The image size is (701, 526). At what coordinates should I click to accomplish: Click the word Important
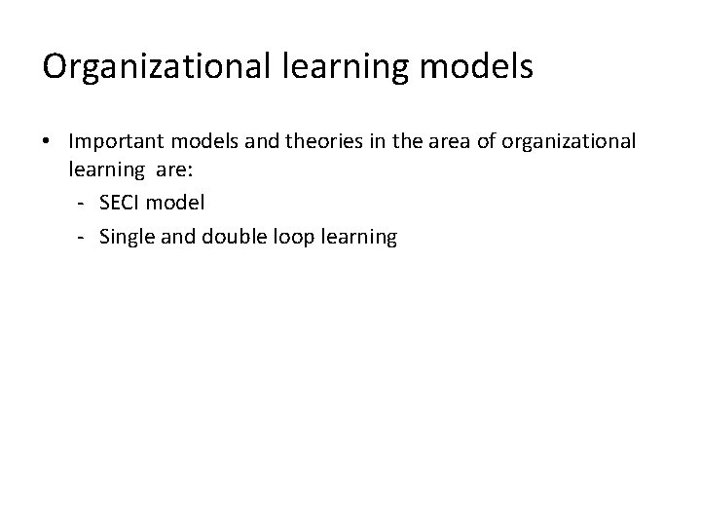click(114, 142)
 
